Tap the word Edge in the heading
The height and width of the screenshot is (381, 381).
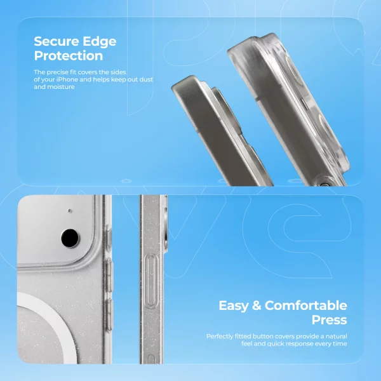click(x=98, y=42)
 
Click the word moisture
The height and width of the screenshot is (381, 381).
click(x=62, y=86)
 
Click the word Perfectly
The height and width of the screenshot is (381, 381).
click(x=222, y=336)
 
